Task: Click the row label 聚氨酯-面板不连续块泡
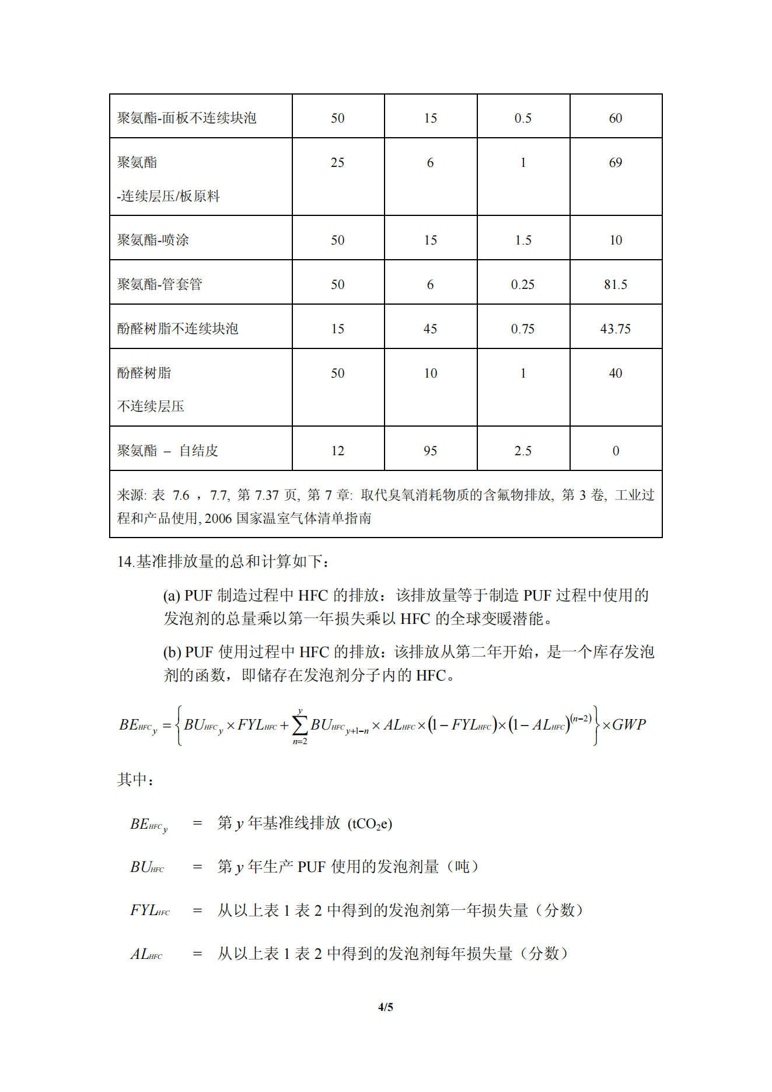click(187, 118)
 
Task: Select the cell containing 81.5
click(616, 285)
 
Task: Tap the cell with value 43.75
click(616, 329)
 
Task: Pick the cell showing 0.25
click(523, 285)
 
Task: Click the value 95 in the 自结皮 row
click(431, 451)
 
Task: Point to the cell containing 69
click(616, 163)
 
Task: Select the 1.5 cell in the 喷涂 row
click(523, 240)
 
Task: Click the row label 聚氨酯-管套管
click(160, 285)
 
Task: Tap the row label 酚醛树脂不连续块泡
click(178, 329)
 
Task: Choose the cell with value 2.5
click(523, 451)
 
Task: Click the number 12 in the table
click(338, 451)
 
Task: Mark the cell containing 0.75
click(523, 329)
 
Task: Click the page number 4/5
click(386, 1007)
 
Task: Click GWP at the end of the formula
click(629, 725)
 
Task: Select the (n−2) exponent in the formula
click(581, 718)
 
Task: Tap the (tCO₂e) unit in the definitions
click(370, 824)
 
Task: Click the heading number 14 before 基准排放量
click(125, 562)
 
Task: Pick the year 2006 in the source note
click(218, 518)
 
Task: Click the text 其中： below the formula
click(135, 780)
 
